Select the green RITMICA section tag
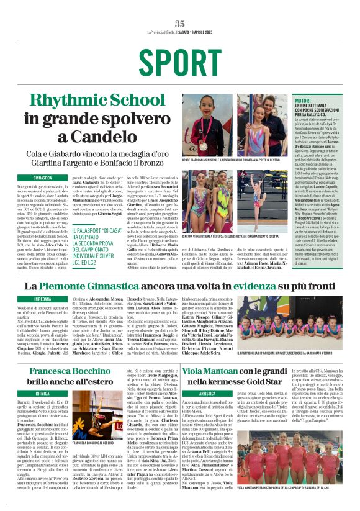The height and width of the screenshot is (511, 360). tap(42, 393)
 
